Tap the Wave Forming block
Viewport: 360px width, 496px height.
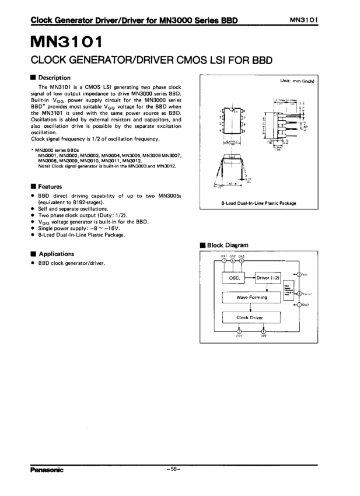251,298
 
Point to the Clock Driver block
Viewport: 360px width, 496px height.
250,318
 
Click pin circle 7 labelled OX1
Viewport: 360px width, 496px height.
225,261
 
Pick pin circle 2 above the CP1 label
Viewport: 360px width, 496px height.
239,331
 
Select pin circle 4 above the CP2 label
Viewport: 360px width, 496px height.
264,331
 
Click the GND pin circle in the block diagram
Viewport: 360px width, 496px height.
299,305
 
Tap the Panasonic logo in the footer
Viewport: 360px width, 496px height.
47,469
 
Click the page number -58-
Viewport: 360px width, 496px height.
174,469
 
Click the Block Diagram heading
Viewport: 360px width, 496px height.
228,246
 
